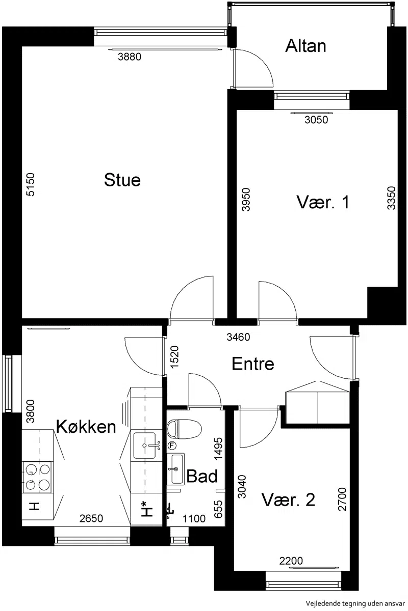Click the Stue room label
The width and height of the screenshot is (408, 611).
tap(122, 180)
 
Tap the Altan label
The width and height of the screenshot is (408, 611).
tap(305, 46)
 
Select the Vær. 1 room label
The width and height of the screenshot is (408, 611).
tap(323, 203)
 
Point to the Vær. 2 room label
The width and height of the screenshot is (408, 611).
tap(288, 499)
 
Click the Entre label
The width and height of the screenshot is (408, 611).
tap(253, 364)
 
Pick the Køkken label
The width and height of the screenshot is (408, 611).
tap(86, 426)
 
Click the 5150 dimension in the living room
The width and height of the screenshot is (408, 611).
tap(30, 184)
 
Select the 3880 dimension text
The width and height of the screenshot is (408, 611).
tap(130, 57)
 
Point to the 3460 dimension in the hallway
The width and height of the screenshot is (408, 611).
tap(238, 337)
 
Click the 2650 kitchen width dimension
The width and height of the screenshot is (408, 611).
tap(91, 518)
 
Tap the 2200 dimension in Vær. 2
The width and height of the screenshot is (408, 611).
tap(291, 561)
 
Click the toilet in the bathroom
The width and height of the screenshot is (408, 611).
tap(184, 429)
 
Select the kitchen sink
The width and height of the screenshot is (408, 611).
tap(144, 446)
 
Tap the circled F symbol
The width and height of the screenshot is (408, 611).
tap(172, 446)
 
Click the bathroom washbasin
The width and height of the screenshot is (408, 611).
tap(175, 469)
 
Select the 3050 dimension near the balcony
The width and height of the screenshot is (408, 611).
tap(316, 120)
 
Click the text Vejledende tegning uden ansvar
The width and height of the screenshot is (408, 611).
tap(355, 603)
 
